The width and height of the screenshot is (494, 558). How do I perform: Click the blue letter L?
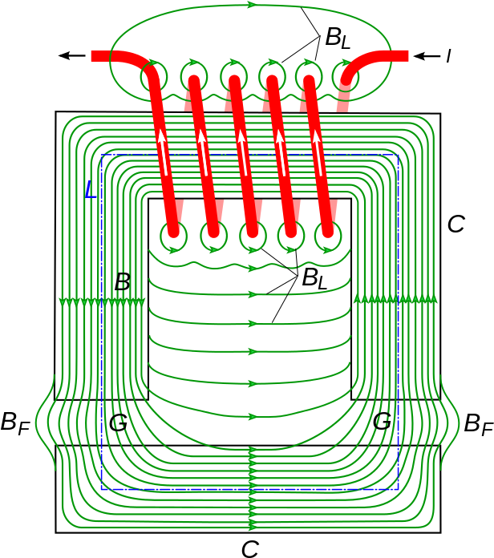point(90,191)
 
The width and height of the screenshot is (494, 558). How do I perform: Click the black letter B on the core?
point(122,282)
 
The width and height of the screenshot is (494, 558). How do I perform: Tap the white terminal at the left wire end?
point(87,56)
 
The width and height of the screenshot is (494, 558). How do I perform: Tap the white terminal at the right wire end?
point(412,56)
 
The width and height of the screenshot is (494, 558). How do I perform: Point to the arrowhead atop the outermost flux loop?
point(252,5)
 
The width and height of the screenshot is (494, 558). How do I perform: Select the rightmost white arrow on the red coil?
point(318,152)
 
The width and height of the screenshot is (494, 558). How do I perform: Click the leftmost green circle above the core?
point(154,77)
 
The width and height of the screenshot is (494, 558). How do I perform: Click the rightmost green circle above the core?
point(346,77)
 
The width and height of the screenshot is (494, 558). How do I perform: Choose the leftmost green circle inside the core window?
point(173,237)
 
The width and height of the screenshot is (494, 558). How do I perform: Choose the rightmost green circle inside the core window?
point(328,237)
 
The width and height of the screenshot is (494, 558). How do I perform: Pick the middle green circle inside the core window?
point(253,237)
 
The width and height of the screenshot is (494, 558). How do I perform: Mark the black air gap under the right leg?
point(395,423)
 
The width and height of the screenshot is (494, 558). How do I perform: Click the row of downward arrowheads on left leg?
point(102,302)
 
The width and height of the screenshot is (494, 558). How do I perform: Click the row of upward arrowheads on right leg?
point(395,299)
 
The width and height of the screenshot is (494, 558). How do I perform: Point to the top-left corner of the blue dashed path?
point(102,155)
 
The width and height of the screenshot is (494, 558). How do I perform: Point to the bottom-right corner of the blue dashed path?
point(398,489)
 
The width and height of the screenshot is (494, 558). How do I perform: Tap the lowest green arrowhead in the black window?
point(252,417)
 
